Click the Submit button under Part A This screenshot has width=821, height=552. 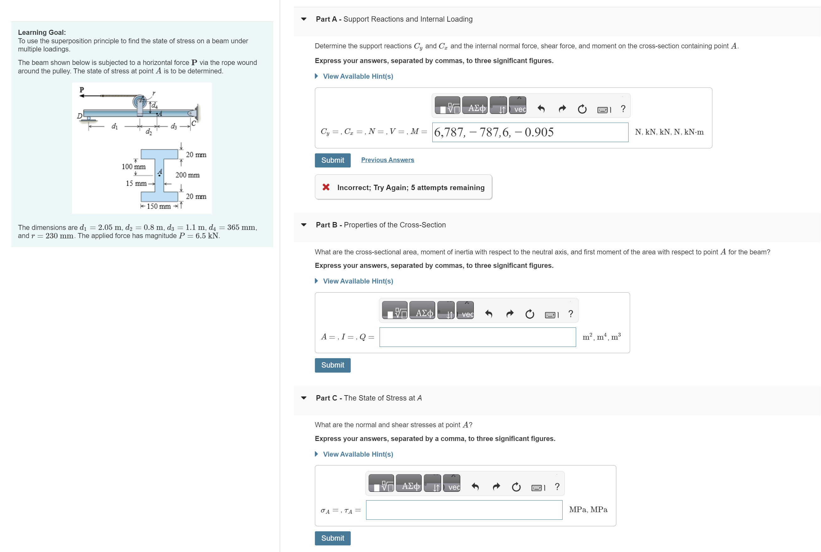point(332,160)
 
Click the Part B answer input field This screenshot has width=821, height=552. point(477,337)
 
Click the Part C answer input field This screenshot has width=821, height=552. point(464,510)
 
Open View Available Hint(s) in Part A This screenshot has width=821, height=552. point(357,77)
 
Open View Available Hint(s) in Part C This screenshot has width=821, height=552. point(357,454)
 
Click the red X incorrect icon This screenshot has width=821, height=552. point(326,187)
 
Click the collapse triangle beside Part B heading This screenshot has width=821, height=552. point(304,225)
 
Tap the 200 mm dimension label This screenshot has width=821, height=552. point(187,175)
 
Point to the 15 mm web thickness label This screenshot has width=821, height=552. point(136,183)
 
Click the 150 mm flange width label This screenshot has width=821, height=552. point(159,206)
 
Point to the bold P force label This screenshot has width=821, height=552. point(82,90)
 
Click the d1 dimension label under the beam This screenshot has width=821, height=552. point(115,126)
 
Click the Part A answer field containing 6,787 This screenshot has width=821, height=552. point(530,132)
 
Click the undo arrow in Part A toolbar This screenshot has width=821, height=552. point(541,109)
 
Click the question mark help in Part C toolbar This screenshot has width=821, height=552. point(557,487)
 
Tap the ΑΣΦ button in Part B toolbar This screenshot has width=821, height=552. point(424,313)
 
